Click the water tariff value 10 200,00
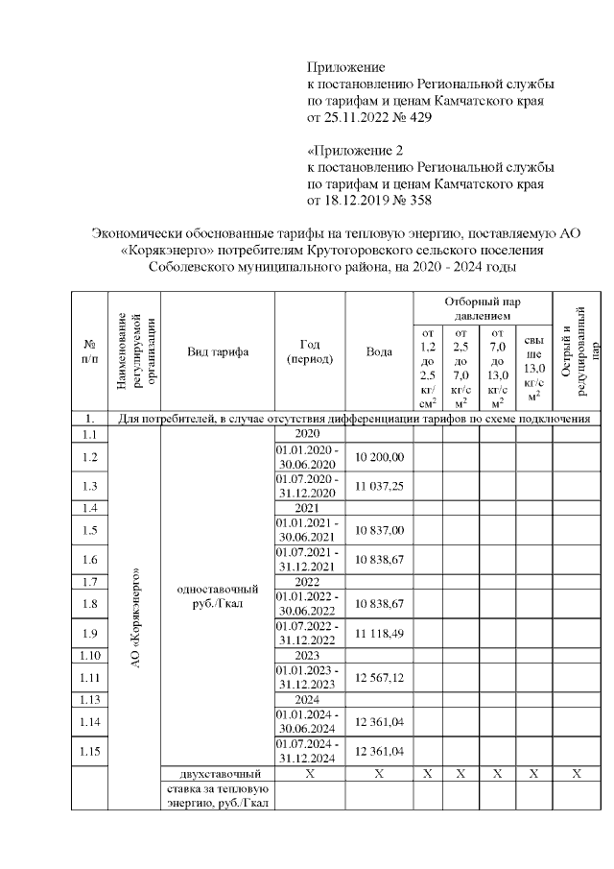point(380,457)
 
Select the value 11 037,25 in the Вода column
point(380,487)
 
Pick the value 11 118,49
point(380,633)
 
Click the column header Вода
point(380,352)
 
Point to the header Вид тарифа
point(218,352)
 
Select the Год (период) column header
point(310,352)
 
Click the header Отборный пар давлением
point(483,308)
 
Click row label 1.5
point(90,530)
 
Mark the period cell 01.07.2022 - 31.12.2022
point(310,633)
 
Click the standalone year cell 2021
point(310,508)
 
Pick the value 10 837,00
point(380,530)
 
